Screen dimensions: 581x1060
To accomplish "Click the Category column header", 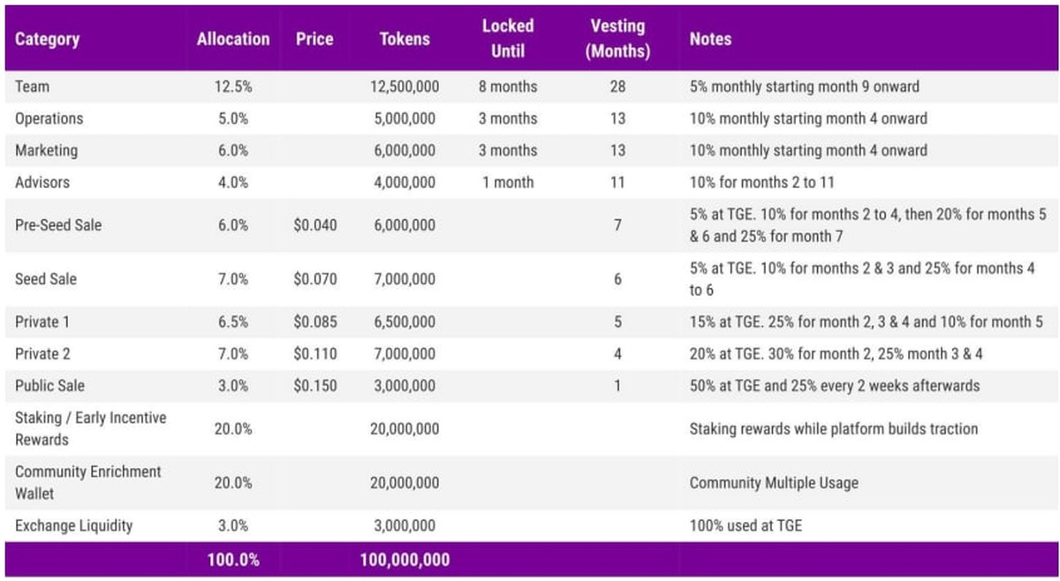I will point(47,40).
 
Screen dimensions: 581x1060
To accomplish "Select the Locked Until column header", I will point(508,39).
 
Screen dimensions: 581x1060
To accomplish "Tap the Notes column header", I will point(710,40).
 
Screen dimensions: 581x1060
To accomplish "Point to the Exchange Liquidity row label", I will point(73,525).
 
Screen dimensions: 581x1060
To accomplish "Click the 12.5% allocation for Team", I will point(233,87).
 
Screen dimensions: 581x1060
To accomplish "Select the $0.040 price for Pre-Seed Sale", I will point(315,225).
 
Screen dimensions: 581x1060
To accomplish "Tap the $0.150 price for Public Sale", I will point(315,386).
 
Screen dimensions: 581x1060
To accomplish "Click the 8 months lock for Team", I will point(508,87).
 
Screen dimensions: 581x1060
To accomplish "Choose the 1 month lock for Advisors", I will point(508,183).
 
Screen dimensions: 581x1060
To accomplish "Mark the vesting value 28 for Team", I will point(617,87).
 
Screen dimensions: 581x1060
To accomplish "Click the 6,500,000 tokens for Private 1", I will point(404,321).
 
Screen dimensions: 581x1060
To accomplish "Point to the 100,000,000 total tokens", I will point(405,560).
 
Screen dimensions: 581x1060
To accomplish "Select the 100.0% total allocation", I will point(233,560).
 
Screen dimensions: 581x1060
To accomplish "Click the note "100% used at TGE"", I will point(746,525).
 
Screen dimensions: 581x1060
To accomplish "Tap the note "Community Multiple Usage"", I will point(774,483).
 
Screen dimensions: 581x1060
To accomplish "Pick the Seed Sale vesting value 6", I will point(617,279).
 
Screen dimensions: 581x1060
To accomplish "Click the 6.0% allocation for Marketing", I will point(233,150).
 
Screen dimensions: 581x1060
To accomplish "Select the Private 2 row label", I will point(42,354).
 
